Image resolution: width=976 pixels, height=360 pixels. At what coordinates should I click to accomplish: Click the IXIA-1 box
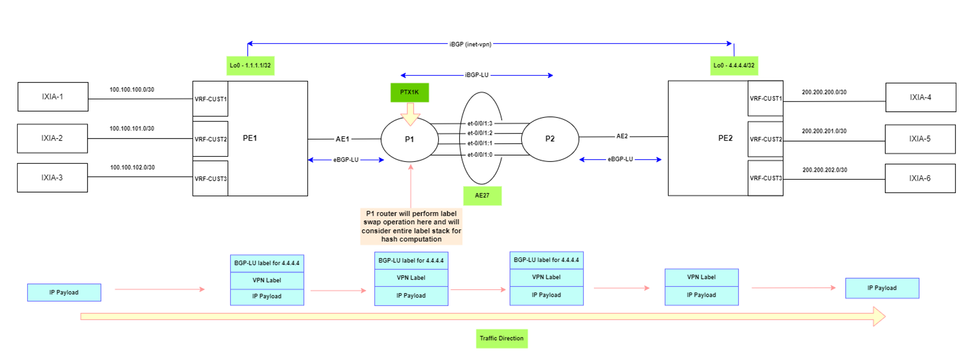53,97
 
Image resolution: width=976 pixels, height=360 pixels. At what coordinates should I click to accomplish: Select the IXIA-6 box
920,178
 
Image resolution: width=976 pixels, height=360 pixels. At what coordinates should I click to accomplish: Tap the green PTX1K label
409,92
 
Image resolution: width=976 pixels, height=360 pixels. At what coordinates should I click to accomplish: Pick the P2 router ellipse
550,139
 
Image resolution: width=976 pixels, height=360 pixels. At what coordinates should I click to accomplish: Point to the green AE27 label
482,196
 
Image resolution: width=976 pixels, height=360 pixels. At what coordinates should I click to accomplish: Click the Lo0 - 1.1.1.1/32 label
250,65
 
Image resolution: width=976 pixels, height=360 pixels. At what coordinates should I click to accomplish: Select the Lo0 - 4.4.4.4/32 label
734,65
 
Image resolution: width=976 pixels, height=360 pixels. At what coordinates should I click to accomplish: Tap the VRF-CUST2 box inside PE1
210,139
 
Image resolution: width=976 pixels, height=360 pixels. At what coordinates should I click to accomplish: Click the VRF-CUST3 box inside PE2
765,178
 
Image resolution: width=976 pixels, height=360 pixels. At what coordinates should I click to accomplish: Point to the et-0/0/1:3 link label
480,124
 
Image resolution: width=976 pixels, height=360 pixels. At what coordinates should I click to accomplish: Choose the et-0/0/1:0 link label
480,155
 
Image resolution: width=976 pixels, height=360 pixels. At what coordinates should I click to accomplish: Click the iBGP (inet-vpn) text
470,44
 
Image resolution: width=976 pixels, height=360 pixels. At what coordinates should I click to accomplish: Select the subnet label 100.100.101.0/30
132,129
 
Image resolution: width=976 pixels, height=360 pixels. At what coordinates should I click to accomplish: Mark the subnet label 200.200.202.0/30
825,170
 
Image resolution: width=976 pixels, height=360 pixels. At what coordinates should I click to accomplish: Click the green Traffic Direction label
502,338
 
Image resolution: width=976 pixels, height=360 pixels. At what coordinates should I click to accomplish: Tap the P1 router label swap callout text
411,226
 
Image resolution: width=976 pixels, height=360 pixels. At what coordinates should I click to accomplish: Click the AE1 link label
343,139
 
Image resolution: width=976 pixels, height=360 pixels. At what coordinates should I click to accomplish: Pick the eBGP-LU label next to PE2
620,159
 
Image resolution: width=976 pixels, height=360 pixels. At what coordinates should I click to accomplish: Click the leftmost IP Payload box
64,293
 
